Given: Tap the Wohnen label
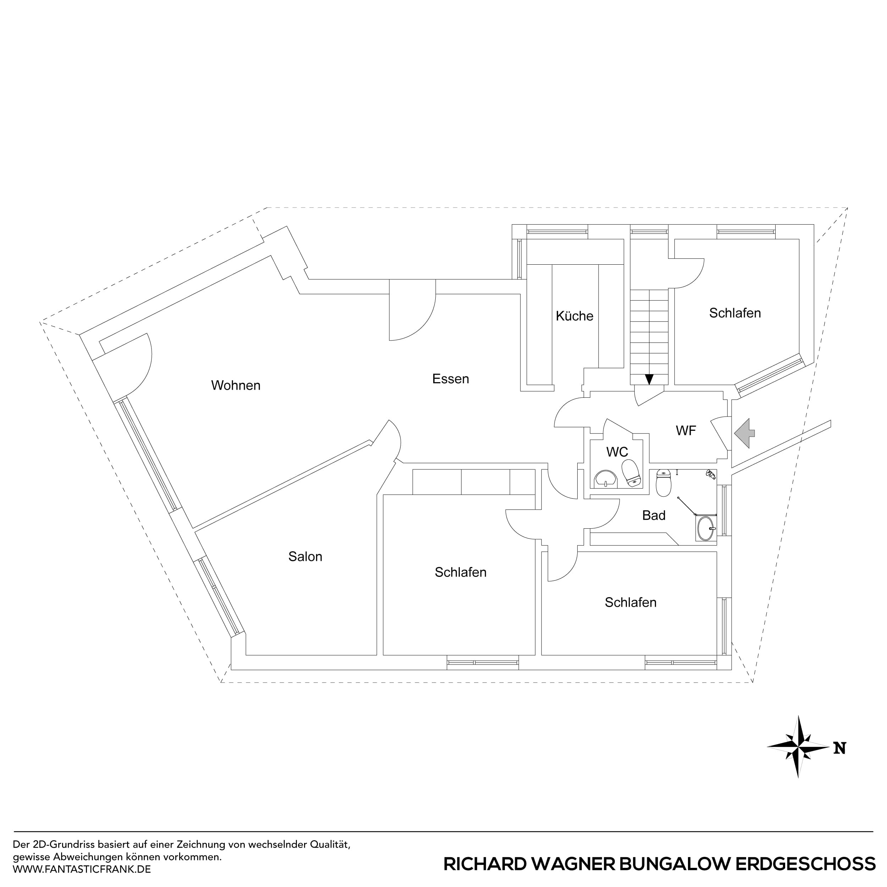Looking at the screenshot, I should [x=236, y=385].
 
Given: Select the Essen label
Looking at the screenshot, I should [x=450, y=379].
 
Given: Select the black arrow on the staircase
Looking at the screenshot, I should [x=649, y=379].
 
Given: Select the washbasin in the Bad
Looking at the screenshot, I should [x=705, y=528].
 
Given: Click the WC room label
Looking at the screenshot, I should [x=617, y=452].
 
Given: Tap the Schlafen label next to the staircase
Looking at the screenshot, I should [x=734, y=313].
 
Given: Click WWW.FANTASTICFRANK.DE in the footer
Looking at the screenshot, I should [x=82, y=869].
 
